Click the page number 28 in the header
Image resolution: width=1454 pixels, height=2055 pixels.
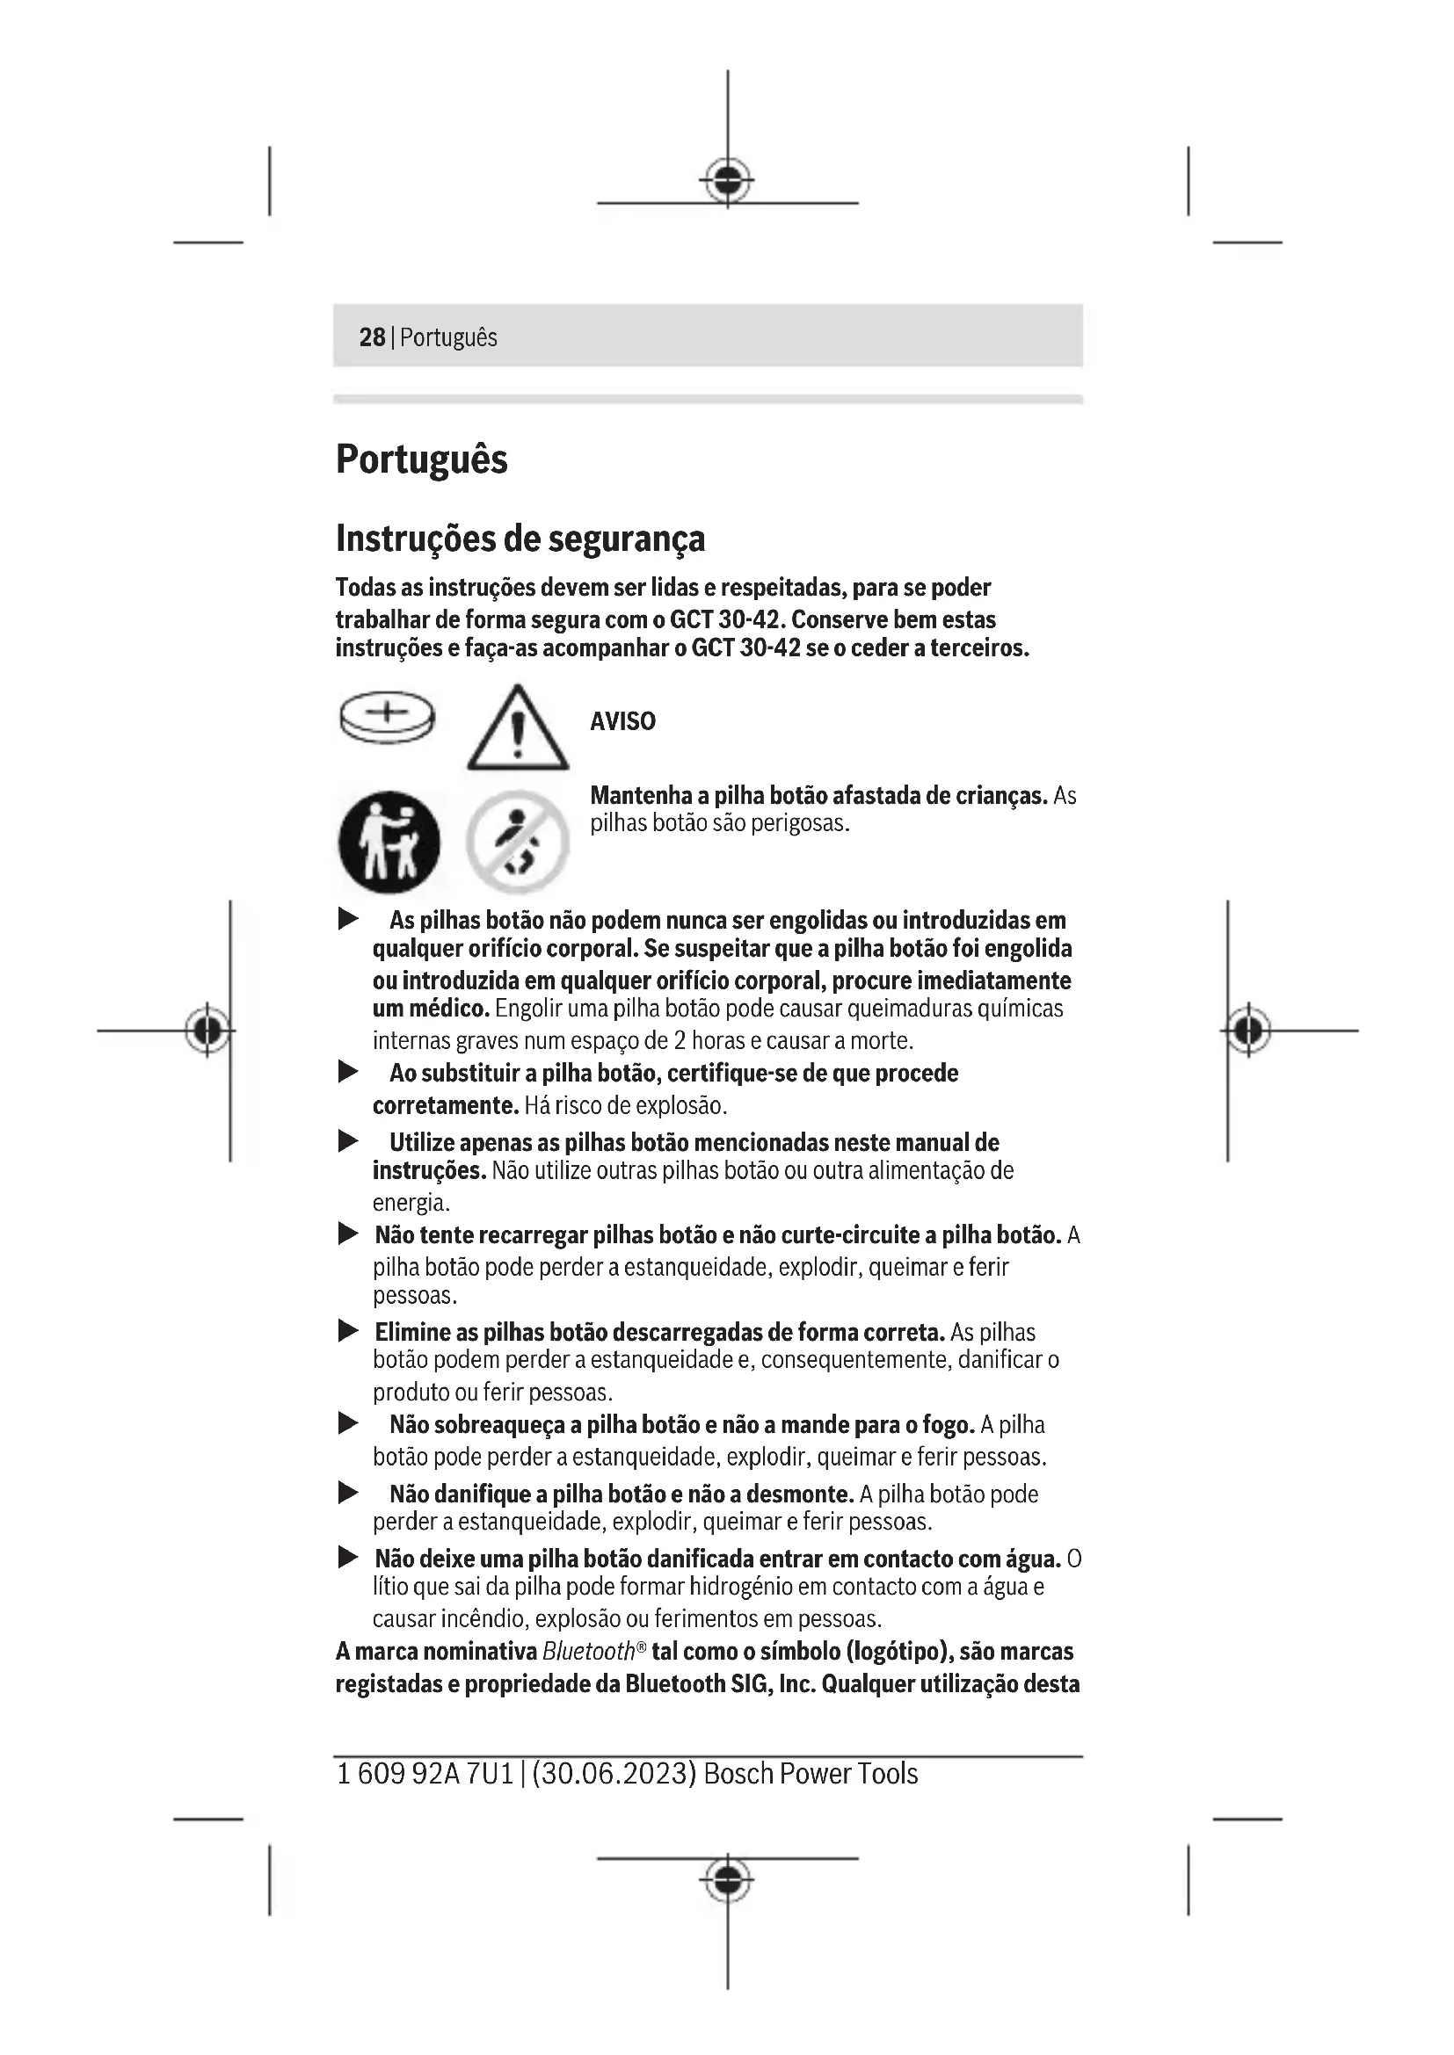coord(372,337)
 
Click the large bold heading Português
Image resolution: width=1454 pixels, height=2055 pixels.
coord(421,459)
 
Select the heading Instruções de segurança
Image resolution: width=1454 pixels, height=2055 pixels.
coord(520,539)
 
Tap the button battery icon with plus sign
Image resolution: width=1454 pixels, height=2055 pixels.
coord(387,717)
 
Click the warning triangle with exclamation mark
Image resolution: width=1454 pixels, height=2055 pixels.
coord(517,729)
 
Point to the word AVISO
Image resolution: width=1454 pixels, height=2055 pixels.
coord(622,721)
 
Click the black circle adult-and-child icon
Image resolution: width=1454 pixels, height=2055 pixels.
coord(389,842)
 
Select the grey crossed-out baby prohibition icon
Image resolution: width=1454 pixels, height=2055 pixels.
coord(517,842)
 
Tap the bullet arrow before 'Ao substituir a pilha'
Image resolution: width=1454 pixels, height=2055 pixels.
coord(348,1072)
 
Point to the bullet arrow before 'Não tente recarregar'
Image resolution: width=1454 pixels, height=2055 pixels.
coord(348,1235)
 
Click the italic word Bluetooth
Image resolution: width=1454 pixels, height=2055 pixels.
coord(587,1652)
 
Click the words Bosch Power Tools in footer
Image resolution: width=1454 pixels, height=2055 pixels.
coord(811,1774)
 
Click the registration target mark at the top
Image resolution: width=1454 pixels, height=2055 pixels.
coord(727,181)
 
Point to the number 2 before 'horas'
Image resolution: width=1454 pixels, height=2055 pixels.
coord(680,1041)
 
